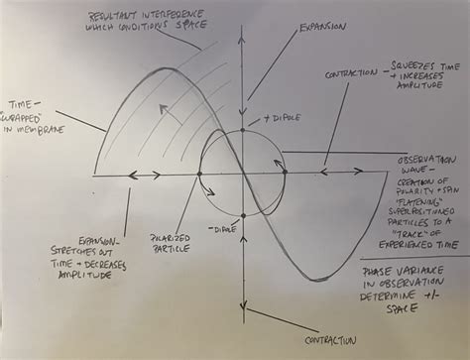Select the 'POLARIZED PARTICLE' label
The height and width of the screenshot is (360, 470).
point(172,243)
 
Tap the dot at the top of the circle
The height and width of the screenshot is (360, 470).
point(242,130)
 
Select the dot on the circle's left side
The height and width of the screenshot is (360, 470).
point(199,174)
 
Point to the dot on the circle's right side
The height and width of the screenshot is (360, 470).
point(286,174)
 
